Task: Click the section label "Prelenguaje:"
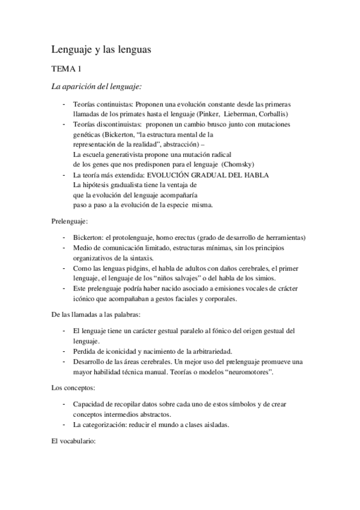(x=70, y=222)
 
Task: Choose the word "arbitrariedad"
(x=215, y=351)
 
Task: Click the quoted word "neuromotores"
(x=248, y=372)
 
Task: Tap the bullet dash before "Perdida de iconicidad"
(x=64, y=351)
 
